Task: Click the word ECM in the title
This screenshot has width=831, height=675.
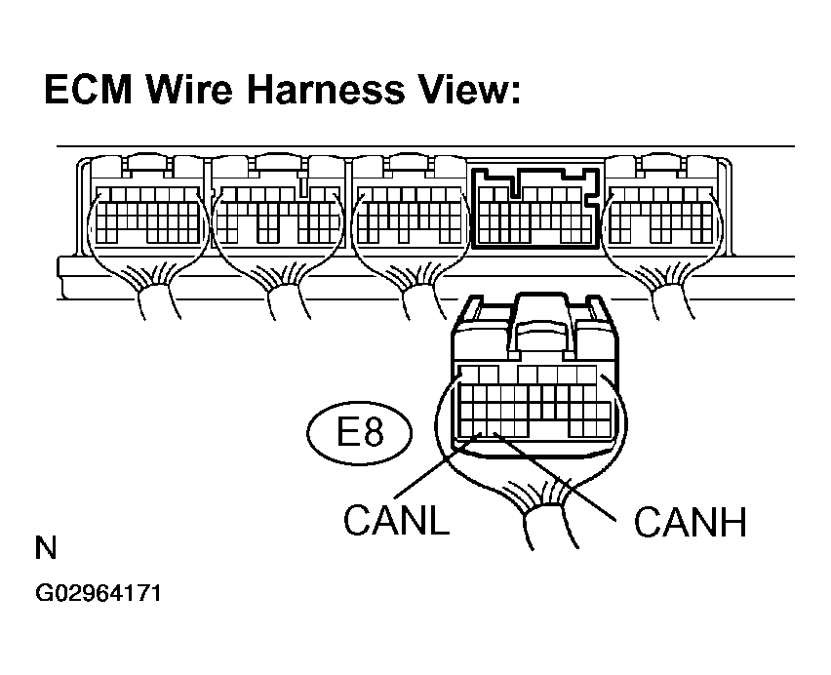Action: [89, 89]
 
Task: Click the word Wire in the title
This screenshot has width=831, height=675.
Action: [189, 89]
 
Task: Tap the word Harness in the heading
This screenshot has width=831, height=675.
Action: [326, 89]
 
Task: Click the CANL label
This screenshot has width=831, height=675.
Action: [396, 520]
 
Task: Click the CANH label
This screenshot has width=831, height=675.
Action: [690, 522]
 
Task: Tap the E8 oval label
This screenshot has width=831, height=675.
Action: [359, 433]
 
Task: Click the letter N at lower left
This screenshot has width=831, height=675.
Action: [46, 548]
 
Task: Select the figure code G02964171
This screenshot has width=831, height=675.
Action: [99, 593]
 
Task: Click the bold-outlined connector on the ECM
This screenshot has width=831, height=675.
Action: [536, 208]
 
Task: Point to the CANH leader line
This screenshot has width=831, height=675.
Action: [555, 477]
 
